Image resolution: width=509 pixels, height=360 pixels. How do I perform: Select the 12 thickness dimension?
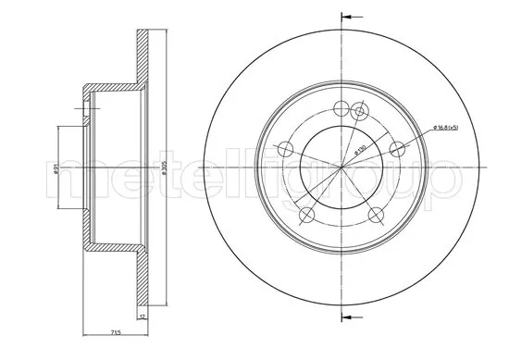142,317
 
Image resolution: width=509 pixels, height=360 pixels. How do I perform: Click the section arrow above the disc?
350,16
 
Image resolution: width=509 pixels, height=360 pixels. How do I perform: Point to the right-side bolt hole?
399,148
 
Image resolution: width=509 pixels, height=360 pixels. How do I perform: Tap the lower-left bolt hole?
304,216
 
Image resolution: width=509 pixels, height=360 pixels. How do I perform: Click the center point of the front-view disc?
341,168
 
